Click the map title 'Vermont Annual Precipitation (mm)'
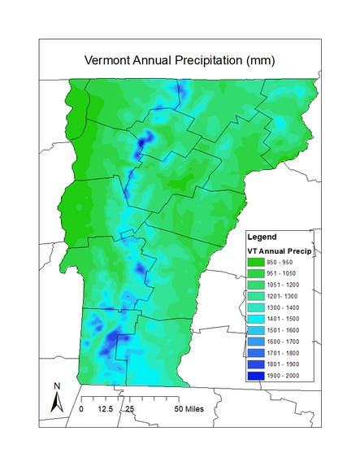click(x=180, y=62)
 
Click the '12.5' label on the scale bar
click(x=104, y=408)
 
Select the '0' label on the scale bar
click(x=81, y=408)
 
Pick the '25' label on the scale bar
click(x=129, y=408)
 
